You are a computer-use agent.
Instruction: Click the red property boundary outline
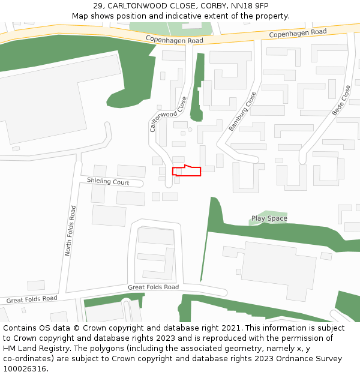(x=187, y=171)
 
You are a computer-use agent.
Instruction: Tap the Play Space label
(x=269, y=218)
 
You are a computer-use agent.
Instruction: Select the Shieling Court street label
(x=108, y=182)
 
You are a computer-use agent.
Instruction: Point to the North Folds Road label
(x=70, y=231)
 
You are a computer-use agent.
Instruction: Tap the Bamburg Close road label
(x=242, y=112)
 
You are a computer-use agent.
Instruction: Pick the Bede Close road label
(x=341, y=100)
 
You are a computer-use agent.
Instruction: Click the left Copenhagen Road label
(x=175, y=40)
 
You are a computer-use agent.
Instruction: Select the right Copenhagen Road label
(x=298, y=34)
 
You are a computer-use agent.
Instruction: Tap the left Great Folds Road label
(x=32, y=299)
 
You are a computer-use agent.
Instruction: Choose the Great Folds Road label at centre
(x=153, y=287)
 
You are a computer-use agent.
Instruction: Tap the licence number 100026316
(x=25, y=369)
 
